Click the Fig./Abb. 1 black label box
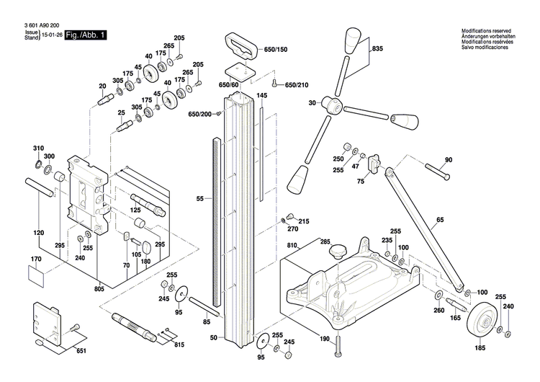click(x=85, y=35)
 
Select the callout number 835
click(x=377, y=49)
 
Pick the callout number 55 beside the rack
click(x=201, y=197)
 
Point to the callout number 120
click(x=39, y=233)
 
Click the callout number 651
click(x=81, y=350)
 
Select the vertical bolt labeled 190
click(x=336, y=350)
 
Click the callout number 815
click(x=179, y=345)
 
